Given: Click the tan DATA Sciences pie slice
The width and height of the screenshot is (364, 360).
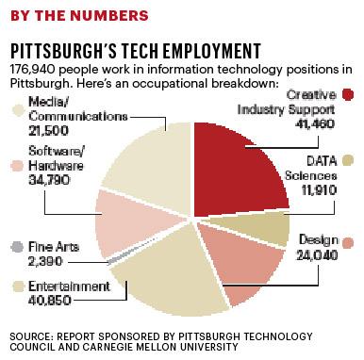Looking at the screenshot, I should click(269, 226).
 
